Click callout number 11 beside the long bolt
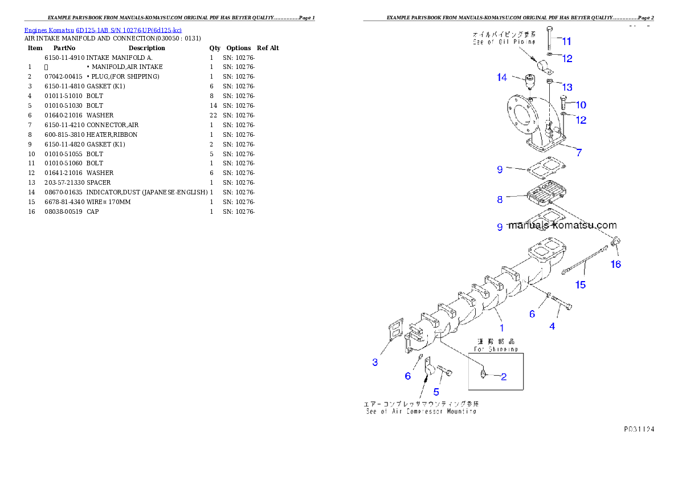coord(566,41)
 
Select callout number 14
coord(501,78)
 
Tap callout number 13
coord(567,87)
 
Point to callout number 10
coord(581,105)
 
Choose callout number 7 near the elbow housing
coord(579,152)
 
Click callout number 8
coord(500,200)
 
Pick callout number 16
coord(616,264)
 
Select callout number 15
coord(580,284)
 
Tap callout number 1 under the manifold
coord(502,328)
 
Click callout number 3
coord(375,362)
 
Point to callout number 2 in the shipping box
coord(504,376)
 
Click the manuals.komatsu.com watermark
coord(562,225)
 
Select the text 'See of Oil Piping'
coord(504,42)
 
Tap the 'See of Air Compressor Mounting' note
coord(421,411)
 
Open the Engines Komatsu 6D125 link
coord(103,30)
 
